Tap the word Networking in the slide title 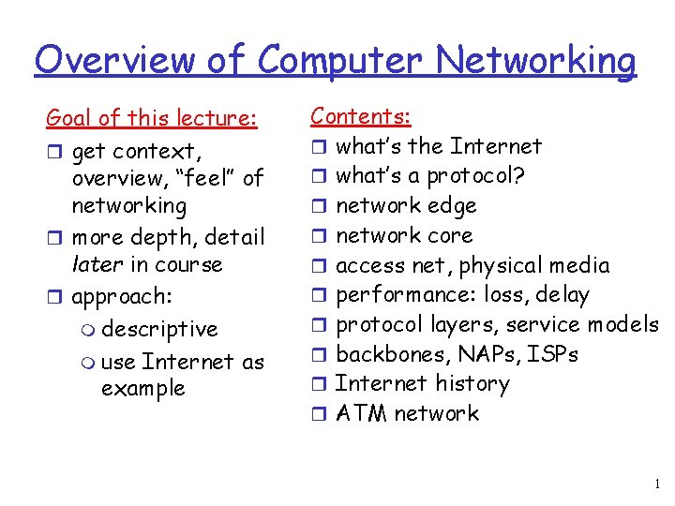point(535,62)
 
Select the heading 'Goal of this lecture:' point(151,119)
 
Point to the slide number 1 point(657,484)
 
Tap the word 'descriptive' point(159,330)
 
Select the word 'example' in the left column point(142,388)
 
